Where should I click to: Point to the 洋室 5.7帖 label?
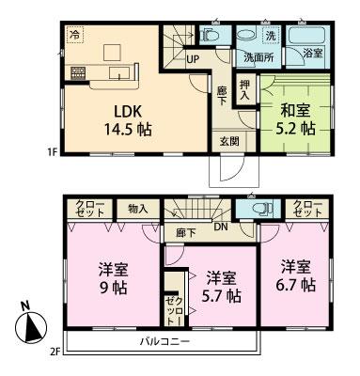point(220,286)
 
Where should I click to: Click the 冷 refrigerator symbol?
point(73,33)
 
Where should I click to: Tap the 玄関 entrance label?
point(230,141)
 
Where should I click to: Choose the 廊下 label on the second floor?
point(185,232)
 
